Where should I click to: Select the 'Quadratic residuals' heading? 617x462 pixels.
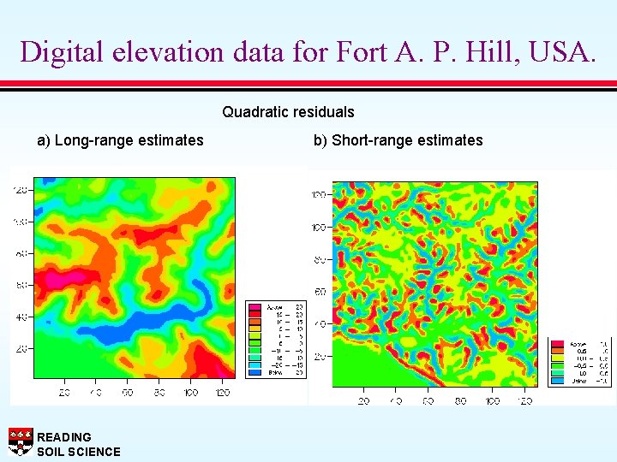coord(288,112)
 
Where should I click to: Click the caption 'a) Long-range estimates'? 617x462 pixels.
coord(120,140)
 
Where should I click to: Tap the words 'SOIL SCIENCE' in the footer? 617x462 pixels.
coord(79,452)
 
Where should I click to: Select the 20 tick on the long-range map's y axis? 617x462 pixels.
coord(21,349)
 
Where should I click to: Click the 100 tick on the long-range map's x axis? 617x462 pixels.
coord(190,392)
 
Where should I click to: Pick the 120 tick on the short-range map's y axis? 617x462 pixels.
coord(320,195)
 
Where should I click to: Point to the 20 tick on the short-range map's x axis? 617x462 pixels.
coord(363,401)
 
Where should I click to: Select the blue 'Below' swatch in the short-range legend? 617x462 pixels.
coord(557,382)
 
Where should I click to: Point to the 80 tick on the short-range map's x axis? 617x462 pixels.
coord(460,401)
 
